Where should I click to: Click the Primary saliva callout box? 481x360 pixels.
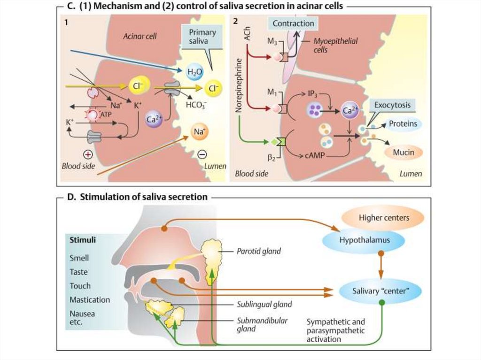tap(202, 38)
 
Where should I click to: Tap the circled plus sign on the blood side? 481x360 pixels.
tap(87, 154)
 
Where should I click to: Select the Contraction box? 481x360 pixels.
tap(293, 23)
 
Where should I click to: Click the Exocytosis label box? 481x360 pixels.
tap(389, 105)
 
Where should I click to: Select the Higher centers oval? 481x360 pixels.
tap(384, 218)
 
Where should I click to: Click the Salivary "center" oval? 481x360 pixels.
tap(380, 291)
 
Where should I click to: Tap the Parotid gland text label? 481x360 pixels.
tap(258, 251)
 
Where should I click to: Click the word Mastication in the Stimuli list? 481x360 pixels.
tap(90, 299)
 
